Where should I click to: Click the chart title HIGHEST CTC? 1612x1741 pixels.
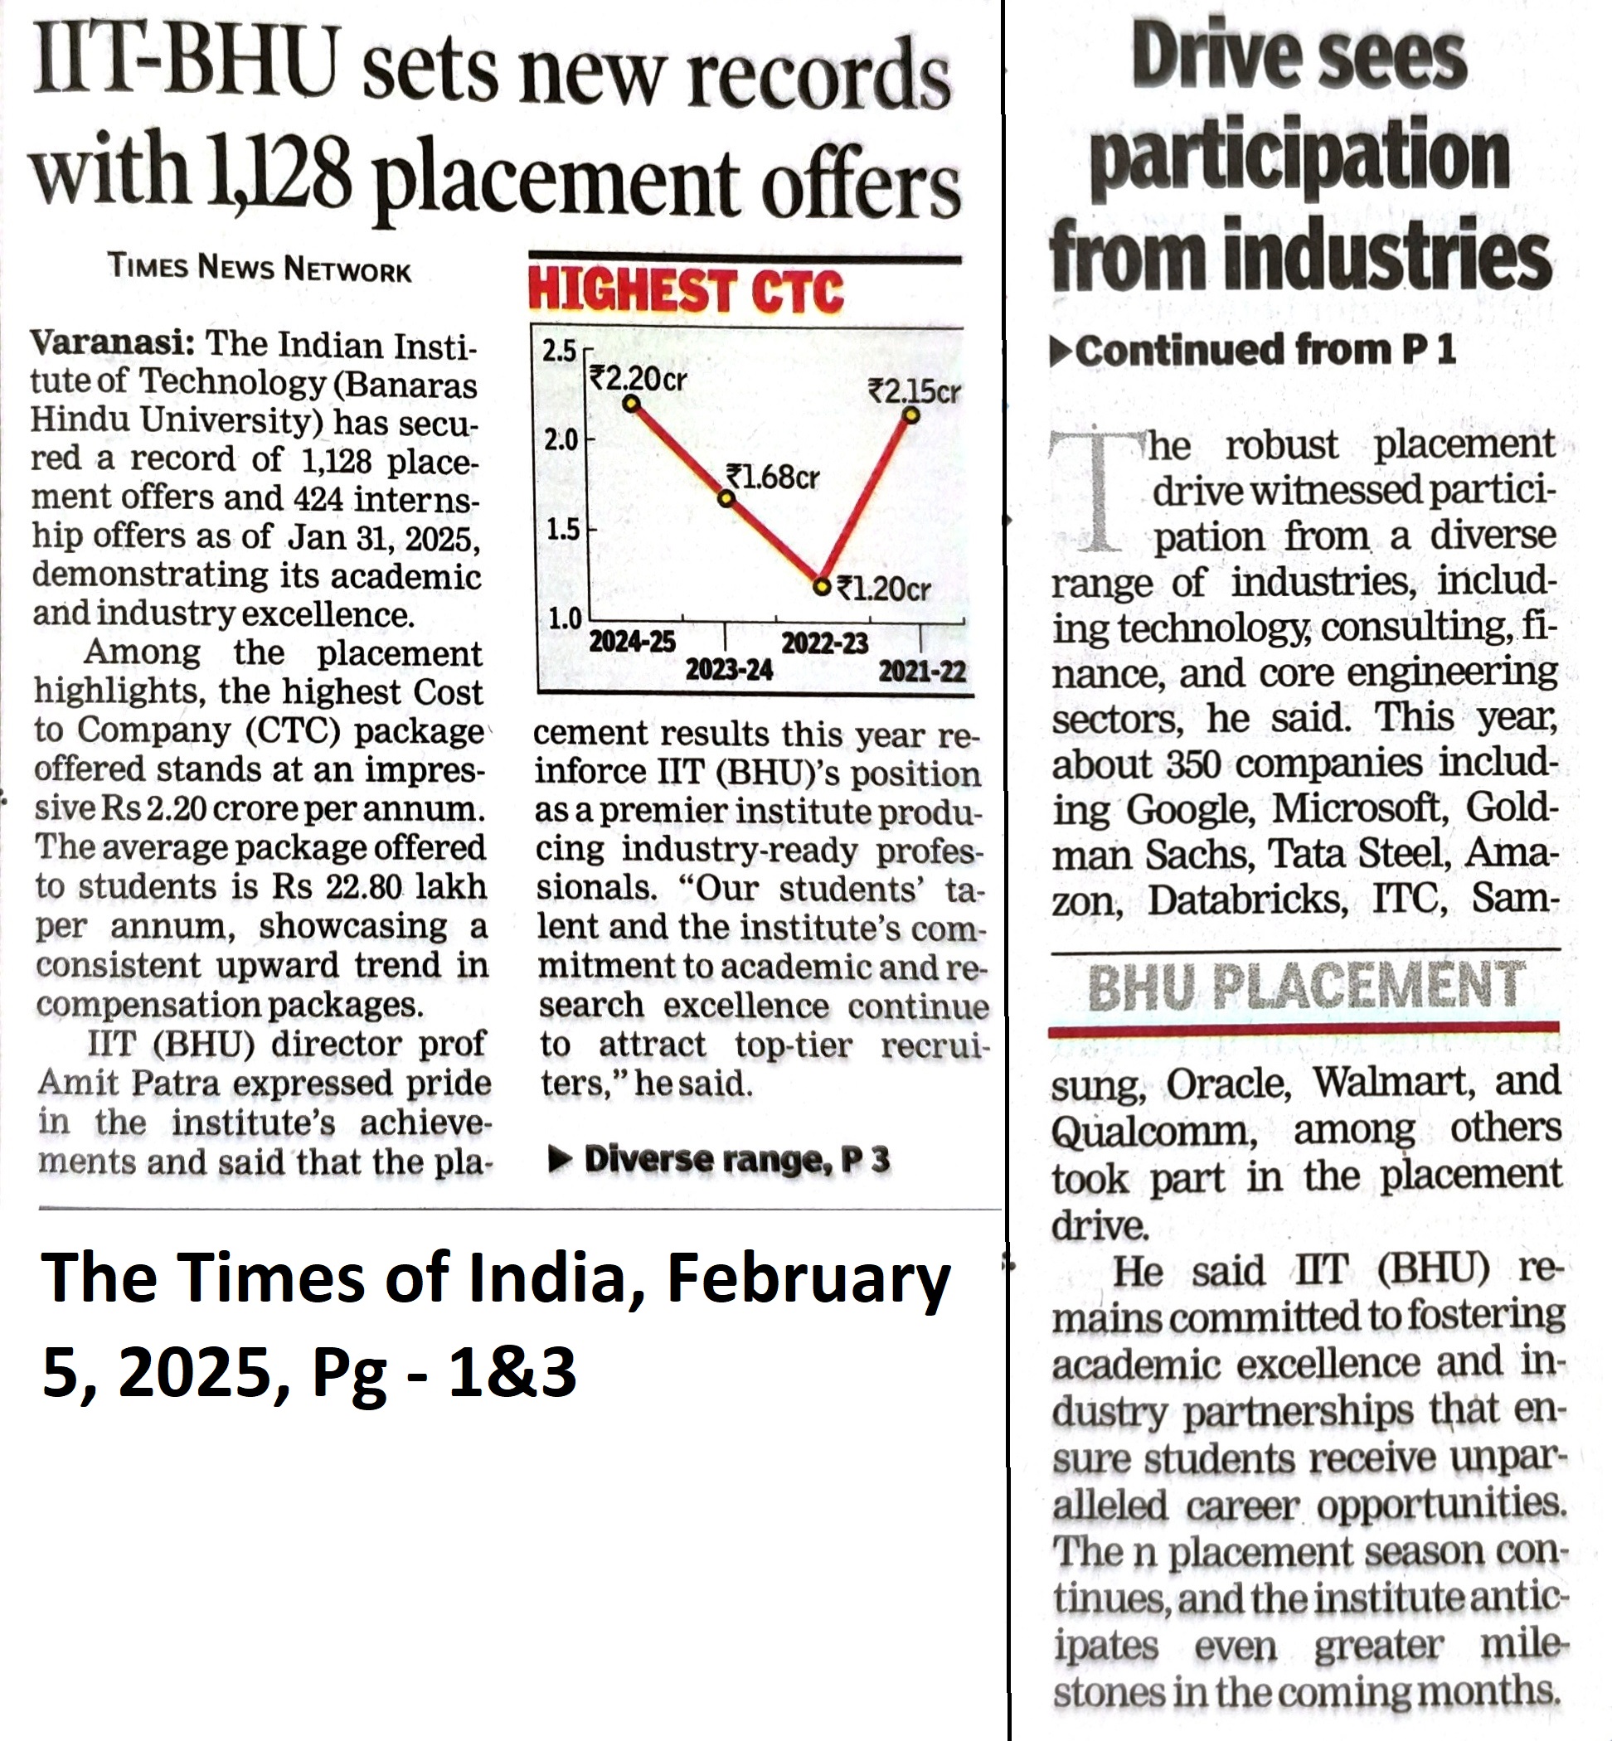pyautogui.click(x=686, y=291)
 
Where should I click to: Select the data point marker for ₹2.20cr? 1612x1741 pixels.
pyautogui.click(x=632, y=403)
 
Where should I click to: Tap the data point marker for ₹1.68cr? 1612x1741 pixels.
pyautogui.click(x=726, y=498)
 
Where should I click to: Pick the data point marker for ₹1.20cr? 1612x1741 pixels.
pyautogui.click(x=821, y=586)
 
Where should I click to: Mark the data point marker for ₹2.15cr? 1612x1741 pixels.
pyautogui.click(x=911, y=415)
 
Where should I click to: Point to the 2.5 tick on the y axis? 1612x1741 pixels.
pyautogui.click(x=560, y=351)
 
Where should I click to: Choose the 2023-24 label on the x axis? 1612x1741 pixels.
pyautogui.click(x=729, y=670)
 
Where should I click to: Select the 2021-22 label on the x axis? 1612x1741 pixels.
pyautogui.click(x=922, y=671)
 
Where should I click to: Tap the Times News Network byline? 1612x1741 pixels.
pyautogui.click(x=259, y=268)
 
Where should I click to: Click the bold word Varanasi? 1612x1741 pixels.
pyautogui.click(x=112, y=342)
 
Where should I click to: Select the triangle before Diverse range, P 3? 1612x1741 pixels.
pyautogui.click(x=560, y=1159)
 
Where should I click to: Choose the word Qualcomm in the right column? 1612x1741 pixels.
pyautogui.click(x=1154, y=1132)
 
